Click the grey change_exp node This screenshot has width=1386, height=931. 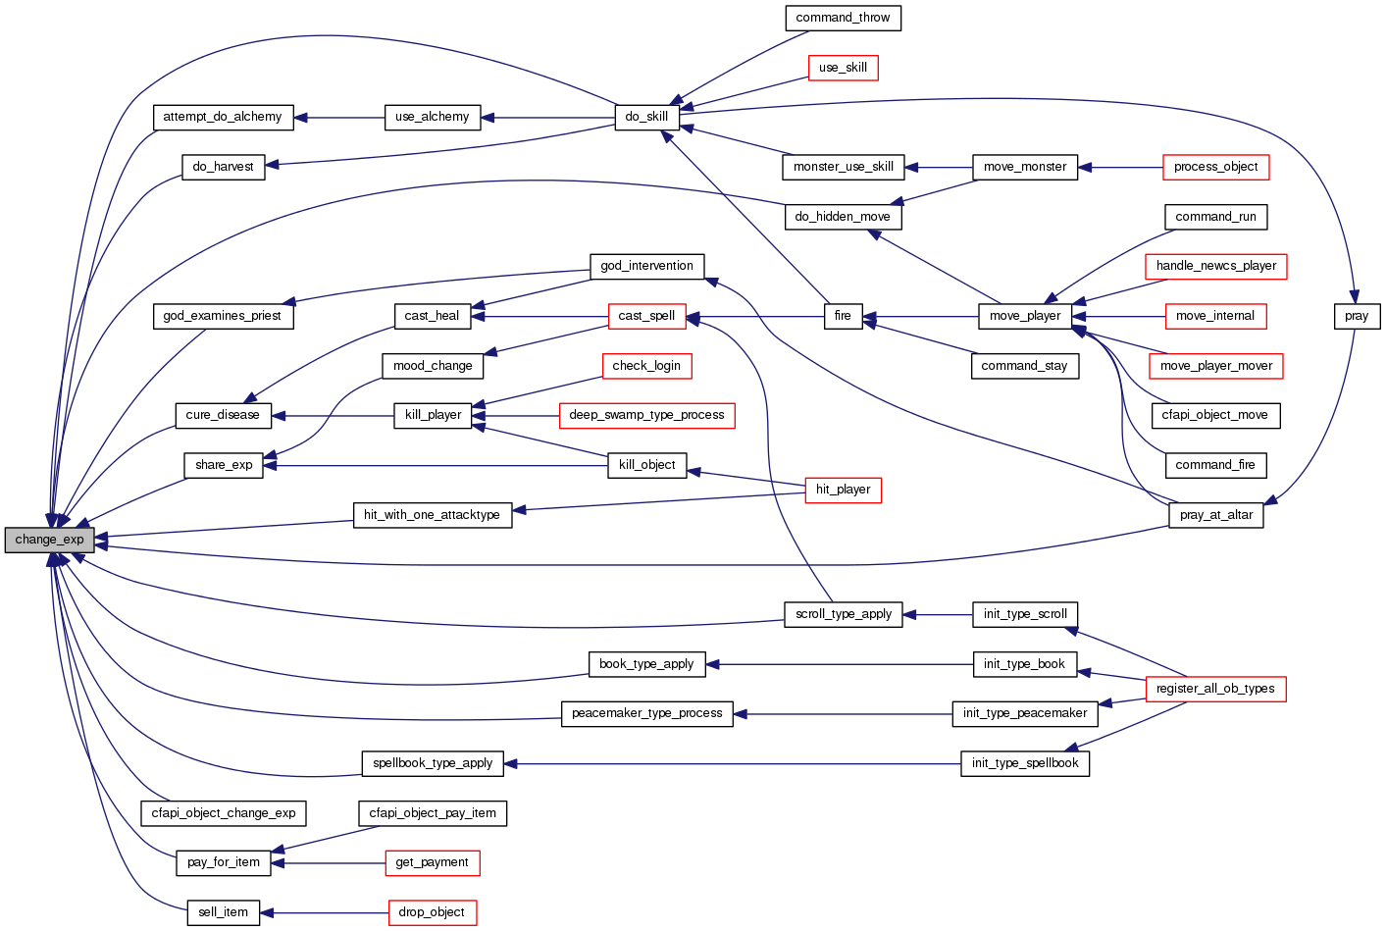(x=49, y=540)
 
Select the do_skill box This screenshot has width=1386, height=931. (x=646, y=117)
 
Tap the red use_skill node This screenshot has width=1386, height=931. (x=843, y=68)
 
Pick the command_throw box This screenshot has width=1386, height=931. (x=843, y=18)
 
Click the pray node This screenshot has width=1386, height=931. (x=1357, y=316)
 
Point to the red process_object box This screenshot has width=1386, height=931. (x=1215, y=167)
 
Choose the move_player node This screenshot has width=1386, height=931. (x=1024, y=316)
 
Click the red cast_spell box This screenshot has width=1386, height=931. (x=646, y=316)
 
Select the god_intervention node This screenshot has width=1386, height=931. (x=646, y=266)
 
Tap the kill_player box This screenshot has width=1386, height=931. (x=433, y=415)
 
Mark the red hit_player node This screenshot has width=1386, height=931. (x=843, y=490)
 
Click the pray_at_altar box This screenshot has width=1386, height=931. (x=1215, y=515)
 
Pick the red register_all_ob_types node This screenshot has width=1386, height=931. (x=1215, y=689)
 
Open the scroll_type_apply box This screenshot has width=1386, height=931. (x=843, y=614)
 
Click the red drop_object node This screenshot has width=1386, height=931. (x=432, y=912)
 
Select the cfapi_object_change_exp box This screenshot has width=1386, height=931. (x=224, y=813)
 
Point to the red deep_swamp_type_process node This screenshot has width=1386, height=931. (x=646, y=415)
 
